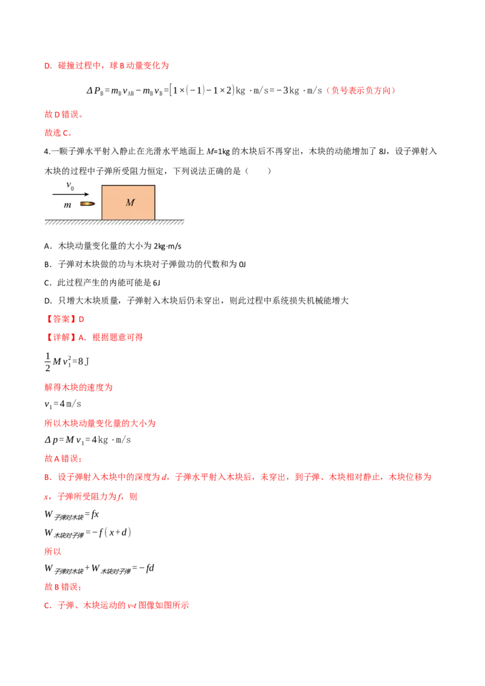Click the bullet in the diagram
pyautogui.click(x=87, y=204)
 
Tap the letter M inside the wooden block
pyautogui.click(x=130, y=202)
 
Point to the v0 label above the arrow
pyautogui.click(x=70, y=185)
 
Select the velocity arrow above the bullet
pyautogui.click(x=70, y=194)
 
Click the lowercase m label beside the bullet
pyautogui.click(x=67, y=205)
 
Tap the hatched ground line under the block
pyautogui.click(x=114, y=222)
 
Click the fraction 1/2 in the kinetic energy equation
pyautogui.click(x=48, y=362)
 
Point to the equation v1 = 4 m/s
pyautogui.click(x=62, y=404)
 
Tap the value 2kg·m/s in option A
pyautogui.click(x=167, y=246)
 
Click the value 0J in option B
pyautogui.click(x=242, y=264)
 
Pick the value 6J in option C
pyautogui.click(x=156, y=282)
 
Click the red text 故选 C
pyautogui.click(x=58, y=133)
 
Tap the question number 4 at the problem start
pyautogui.click(x=47, y=152)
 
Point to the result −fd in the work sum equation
pyautogui.click(x=147, y=568)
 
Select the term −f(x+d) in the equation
pyautogui.click(x=112, y=533)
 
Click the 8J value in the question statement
pyautogui.click(x=383, y=152)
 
